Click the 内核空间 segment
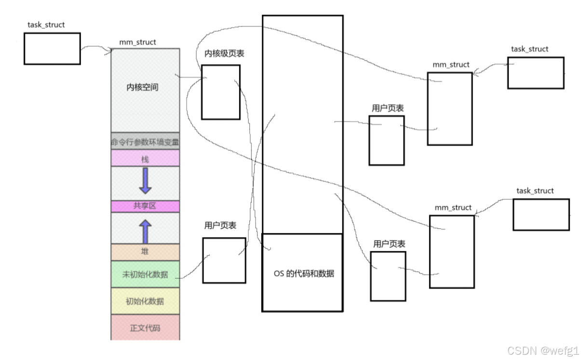(x=145, y=90)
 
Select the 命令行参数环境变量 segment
(x=145, y=141)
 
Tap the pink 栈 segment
(x=145, y=158)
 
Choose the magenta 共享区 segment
(x=145, y=206)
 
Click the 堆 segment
(x=145, y=251)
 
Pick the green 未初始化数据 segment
(x=145, y=274)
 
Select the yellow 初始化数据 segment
(x=145, y=301)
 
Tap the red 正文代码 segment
(x=145, y=328)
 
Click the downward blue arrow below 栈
(x=145, y=181)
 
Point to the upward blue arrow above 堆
(x=145, y=231)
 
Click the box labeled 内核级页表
(x=220, y=92)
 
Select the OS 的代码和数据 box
(x=302, y=272)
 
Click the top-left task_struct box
(x=52, y=49)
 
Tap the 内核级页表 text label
(x=224, y=53)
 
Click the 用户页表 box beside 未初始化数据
(x=224, y=260)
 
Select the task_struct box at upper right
(x=535, y=73)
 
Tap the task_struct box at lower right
(x=541, y=214)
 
